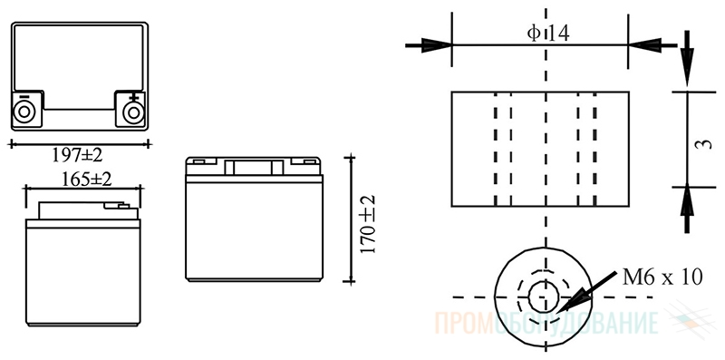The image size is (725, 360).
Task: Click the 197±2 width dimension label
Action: tap(77, 155)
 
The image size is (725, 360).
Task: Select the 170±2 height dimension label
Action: tap(368, 224)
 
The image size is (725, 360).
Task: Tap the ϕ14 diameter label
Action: tap(548, 34)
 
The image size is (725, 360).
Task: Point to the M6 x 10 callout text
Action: tap(662, 277)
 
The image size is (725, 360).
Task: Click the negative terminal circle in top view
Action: tap(24, 112)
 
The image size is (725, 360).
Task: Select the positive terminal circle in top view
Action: tap(133, 112)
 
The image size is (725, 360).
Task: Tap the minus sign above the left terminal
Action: tap(24, 97)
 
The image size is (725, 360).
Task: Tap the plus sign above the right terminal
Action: tap(133, 97)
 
